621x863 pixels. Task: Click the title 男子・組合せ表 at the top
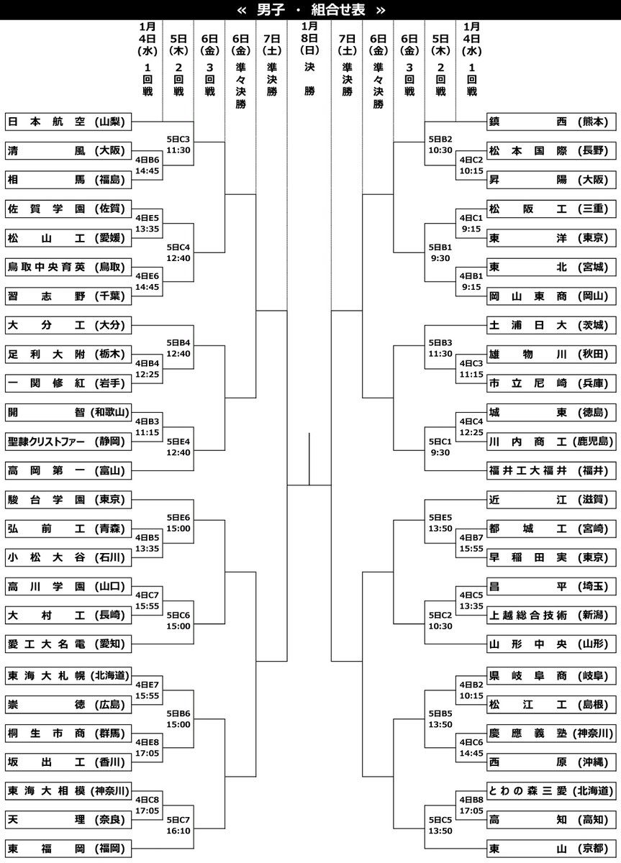pos(310,10)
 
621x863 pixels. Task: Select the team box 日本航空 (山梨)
pos(69,122)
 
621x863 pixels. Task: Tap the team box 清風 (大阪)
pos(69,151)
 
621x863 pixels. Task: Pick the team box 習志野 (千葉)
pos(69,296)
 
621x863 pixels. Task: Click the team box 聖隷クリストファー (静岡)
pos(69,442)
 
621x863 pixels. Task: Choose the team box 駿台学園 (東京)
pos(69,499)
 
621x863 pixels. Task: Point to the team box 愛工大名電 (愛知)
pos(69,644)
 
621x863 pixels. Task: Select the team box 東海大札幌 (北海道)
pos(69,675)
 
